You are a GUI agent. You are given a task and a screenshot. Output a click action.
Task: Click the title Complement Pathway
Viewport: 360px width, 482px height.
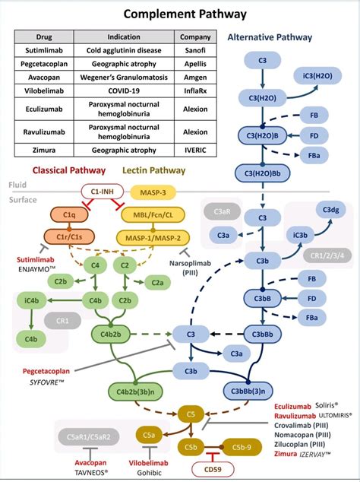pos(180,14)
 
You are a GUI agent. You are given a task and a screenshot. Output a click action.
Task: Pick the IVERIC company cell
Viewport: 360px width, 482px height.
pos(194,150)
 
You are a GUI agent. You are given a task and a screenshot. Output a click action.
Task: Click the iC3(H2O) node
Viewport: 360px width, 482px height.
pos(317,76)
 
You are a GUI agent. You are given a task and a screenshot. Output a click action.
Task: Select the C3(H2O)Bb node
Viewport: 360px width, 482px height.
pos(261,173)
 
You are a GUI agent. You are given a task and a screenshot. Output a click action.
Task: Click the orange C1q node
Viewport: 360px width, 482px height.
pos(68,215)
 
